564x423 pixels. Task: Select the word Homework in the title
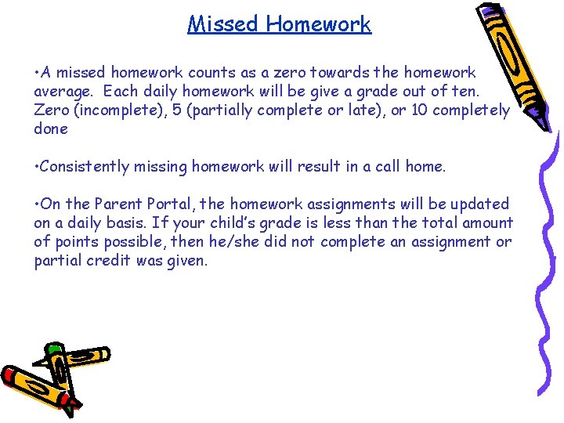coord(317,24)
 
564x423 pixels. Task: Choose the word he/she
coord(240,242)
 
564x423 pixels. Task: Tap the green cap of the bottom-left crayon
coord(53,349)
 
